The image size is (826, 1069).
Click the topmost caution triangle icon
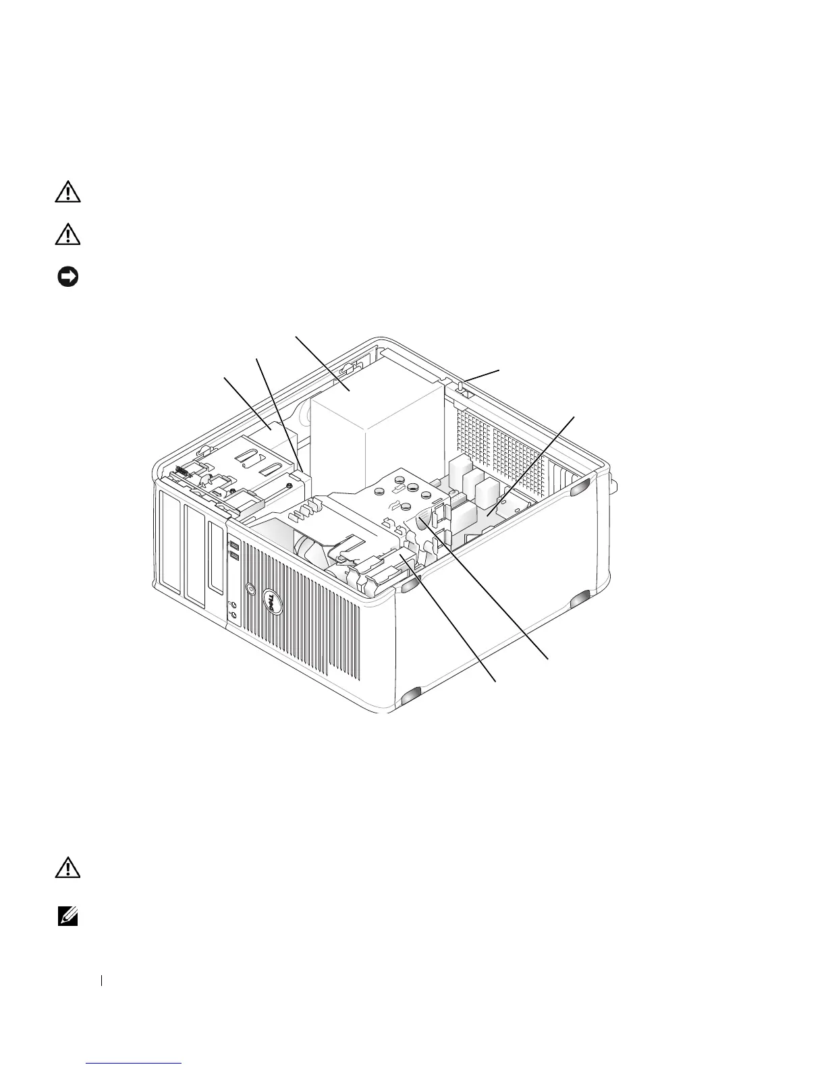click(x=67, y=194)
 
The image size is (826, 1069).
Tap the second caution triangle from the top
click(x=67, y=234)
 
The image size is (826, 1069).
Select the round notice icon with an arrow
click(x=67, y=276)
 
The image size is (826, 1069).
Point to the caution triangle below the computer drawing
click(x=67, y=869)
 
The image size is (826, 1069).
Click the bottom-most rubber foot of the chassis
click(x=410, y=697)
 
